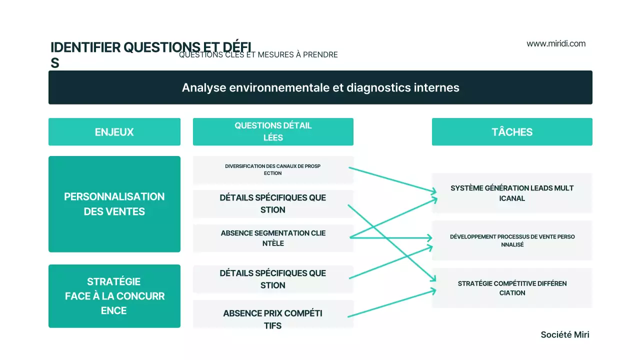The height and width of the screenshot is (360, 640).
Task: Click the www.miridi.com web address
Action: pyautogui.click(x=556, y=43)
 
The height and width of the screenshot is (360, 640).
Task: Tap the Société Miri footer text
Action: pyautogui.click(x=565, y=334)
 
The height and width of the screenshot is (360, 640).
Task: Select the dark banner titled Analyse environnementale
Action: pyautogui.click(x=320, y=87)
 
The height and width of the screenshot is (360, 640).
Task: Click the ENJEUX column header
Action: pyautogui.click(x=114, y=132)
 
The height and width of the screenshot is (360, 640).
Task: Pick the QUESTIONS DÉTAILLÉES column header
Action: pyautogui.click(x=273, y=132)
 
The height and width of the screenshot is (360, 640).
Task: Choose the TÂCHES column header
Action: pyautogui.click(x=512, y=132)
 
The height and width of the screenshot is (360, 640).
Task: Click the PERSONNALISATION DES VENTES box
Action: pyautogui.click(x=114, y=204)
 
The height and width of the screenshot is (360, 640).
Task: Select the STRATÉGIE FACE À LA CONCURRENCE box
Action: pyautogui.click(x=114, y=296)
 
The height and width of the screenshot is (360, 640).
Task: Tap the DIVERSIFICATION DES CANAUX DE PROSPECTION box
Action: pyautogui.click(x=273, y=169)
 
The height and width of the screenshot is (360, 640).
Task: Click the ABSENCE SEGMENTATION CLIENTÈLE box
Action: pyautogui.click(x=273, y=238)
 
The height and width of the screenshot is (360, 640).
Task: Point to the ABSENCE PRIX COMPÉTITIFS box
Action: pyautogui.click(x=273, y=319)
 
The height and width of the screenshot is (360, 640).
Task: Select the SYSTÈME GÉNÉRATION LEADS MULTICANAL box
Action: pyautogui.click(x=512, y=193)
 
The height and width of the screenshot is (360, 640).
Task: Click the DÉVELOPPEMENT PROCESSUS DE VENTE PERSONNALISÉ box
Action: pyautogui.click(x=512, y=240)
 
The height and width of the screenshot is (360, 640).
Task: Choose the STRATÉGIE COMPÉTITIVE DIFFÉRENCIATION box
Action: pyautogui.click(x=512, y=288)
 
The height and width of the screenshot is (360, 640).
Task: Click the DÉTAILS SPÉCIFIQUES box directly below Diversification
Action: pyautogui.click(x=273, y=203)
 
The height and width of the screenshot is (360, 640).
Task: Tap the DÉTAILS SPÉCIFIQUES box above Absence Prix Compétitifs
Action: pyautogui.click(x=273, y=279)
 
